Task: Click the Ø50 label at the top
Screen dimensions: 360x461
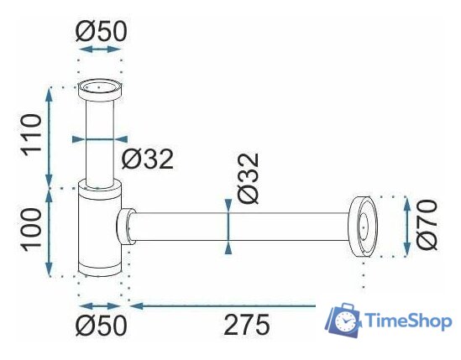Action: click(x=100, y=32)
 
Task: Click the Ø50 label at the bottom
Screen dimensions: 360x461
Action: click(x=100, y=326)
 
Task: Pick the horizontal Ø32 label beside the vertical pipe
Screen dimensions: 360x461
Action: click(x=148, y=158)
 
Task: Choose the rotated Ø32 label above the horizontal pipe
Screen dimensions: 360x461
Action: click(x=249, y=178)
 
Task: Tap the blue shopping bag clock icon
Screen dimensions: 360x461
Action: click(x=343, y=321)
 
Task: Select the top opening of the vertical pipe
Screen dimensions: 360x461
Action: click(x=100, y=86)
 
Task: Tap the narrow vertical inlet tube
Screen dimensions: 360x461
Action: click(x=100, y=138)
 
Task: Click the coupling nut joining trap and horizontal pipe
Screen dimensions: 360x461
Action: click(x=126, y=227)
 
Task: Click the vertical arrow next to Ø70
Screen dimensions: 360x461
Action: click(x=406, y=226)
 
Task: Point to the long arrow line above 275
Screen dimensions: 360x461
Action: click(x=244, y=305)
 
